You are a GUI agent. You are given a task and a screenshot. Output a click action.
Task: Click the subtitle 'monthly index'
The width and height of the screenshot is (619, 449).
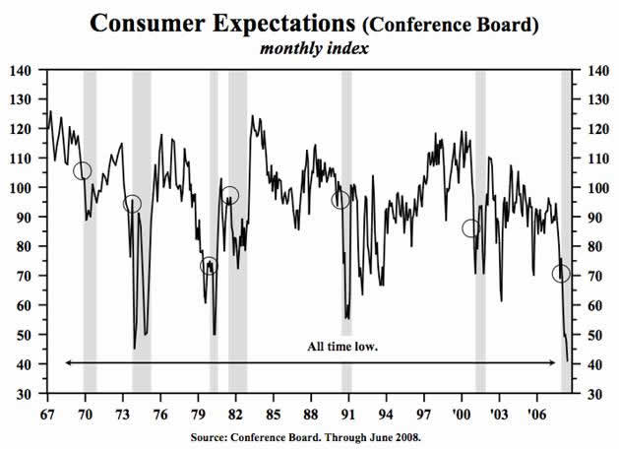(313, 48)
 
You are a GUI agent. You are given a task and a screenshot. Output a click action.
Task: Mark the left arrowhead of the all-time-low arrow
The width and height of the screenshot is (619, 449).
(68, 363)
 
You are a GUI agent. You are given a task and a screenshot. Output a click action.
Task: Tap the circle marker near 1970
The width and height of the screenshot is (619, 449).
(82, 171)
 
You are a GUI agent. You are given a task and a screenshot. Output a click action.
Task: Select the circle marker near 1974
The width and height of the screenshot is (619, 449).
(132, 204)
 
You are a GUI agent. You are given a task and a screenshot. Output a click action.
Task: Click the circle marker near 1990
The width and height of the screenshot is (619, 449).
(341, 200)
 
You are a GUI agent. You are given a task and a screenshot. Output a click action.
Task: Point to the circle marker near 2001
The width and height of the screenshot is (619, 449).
(471, 228)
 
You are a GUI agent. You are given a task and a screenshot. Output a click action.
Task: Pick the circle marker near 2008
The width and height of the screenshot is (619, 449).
(561, 274)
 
